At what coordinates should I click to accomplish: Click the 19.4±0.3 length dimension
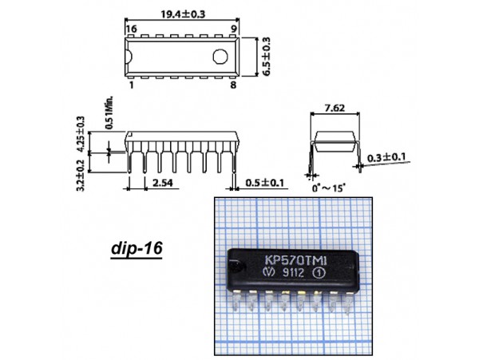point(184,14)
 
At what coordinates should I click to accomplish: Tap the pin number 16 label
point(132,29)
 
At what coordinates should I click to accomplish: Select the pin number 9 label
point(234,29)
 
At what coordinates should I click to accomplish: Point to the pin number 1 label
point(132,85)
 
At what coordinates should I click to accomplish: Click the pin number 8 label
point(233,85)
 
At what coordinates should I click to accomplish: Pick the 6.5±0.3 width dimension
point(267,57)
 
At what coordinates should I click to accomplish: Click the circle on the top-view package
point(220,57)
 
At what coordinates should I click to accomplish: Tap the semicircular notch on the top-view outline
point(129,57)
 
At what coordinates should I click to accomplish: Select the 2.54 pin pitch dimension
point(163,183)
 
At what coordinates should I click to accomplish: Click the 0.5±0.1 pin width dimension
point(265,183)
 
